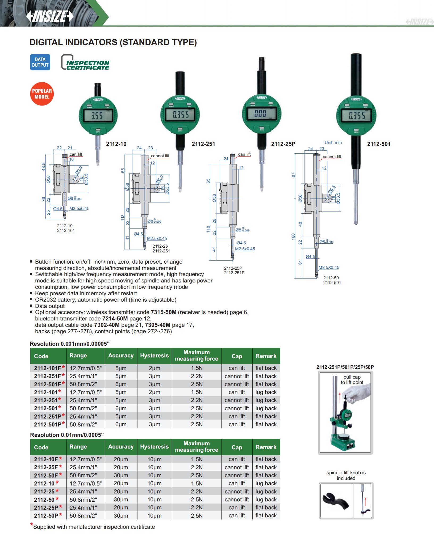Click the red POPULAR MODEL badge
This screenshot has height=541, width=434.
click(x=42, y=94)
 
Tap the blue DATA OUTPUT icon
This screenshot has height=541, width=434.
click(x=40, y=62)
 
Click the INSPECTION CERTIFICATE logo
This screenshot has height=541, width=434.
click(x=85, y=63)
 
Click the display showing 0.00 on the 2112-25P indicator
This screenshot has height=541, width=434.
click(x=261, y=114)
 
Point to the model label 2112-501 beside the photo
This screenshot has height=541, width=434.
click(x=379, y=144)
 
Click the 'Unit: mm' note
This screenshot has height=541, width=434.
click(x=333, y=142)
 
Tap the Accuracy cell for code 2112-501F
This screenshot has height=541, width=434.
click(x=121, y=384)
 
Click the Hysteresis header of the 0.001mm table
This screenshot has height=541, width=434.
click(x=154, y=356)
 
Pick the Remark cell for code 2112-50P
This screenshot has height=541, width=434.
click(x=266, y=515)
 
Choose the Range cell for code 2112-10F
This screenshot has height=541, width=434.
click(x=86, y=459)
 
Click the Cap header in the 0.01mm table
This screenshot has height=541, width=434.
click(x=237, y=447)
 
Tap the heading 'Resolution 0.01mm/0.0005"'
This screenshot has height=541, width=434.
click(x=67, y=435)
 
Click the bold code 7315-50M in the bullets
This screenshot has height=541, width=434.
click(x=164, y=312)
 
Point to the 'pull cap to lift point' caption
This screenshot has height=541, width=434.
click(x=352, y=379)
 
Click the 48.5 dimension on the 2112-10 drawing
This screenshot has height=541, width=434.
click(x=44, y=167)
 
